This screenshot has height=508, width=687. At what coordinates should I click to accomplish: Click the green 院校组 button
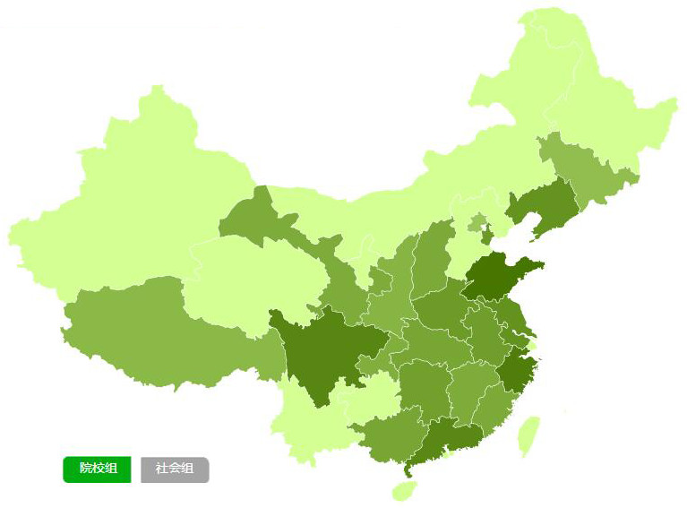pos(97,469)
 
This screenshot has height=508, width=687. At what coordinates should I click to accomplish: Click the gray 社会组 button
pos(175,469)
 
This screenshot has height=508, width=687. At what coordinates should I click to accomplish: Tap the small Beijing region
pos(478,222)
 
